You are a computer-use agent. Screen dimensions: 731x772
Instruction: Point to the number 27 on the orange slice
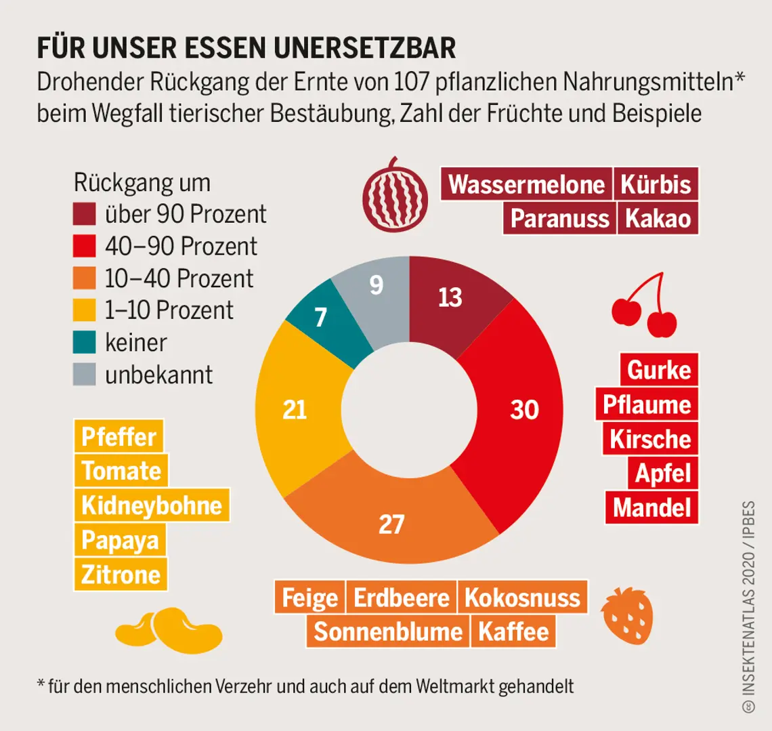391,524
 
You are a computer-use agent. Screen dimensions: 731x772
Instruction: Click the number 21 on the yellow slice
295,410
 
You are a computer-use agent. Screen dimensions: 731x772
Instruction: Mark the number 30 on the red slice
524,410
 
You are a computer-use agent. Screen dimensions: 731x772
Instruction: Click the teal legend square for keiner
84,342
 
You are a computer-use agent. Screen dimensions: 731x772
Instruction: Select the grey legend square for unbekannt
84,375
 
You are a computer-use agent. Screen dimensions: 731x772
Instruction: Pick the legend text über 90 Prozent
186,214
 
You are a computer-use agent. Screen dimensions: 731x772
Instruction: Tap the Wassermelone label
526,184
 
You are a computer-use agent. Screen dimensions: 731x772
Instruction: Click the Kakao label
658,218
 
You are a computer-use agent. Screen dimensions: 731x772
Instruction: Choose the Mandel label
651,507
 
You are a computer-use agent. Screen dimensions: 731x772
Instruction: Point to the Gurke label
658,370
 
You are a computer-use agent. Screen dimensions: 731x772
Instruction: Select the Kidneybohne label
152,505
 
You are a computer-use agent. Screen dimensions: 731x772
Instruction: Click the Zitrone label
121,575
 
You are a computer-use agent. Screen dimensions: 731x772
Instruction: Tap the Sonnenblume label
388,631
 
